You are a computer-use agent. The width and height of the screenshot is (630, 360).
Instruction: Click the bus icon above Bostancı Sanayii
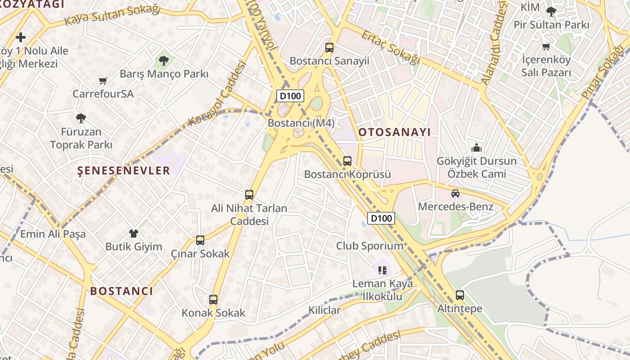[x=329, y=47]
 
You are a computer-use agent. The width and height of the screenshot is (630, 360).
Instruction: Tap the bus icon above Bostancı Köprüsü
[x=347, y=161]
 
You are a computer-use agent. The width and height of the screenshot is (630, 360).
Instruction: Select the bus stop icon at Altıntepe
[x=459, y=295]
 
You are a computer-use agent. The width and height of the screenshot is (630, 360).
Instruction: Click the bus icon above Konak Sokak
[x=213, y=299]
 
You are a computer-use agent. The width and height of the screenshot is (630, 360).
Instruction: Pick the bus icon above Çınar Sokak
[x=200, y=240]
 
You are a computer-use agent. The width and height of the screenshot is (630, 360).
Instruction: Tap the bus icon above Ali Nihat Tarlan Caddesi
[x=249, y=195]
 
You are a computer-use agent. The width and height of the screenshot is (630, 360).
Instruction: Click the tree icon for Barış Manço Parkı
[x=164, y=60]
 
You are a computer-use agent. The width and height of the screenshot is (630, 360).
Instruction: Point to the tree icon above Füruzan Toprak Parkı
[x=81, y=118]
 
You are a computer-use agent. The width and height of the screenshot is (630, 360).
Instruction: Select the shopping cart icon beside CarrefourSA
[x=103, y=81]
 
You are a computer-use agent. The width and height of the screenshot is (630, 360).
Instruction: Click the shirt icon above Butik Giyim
[x=134, y=234]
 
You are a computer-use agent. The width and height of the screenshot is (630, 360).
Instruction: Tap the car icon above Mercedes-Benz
[x=455, y=193]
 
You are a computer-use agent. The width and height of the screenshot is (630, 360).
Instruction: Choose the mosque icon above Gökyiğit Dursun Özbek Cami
[x=477, y=148]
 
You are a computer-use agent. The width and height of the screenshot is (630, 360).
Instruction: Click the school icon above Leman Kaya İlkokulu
[x=382, y=270]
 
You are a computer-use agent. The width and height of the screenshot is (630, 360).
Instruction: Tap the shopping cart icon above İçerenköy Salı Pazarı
[x=546, y=46]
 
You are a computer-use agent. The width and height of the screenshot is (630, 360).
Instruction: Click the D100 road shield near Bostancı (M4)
[x=290, y=95]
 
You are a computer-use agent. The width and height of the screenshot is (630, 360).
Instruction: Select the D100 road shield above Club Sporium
[x=381, y=218]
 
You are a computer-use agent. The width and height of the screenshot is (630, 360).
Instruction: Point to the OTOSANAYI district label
[x=394, y=132]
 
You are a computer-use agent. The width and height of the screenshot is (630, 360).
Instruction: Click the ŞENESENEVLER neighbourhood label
[x=124, y=171]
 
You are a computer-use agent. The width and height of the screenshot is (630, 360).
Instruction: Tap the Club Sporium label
[x=369, y=246]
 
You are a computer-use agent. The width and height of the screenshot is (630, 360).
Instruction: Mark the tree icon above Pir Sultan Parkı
[x=551, y=11]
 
